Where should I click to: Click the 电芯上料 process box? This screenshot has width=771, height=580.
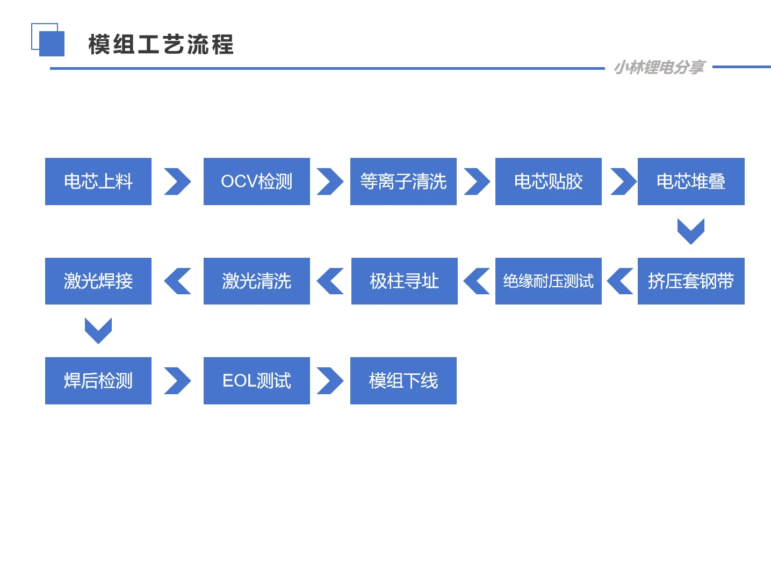pyautogui.click(x=98, y=182)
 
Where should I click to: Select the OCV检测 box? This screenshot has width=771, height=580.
pyautogui.click(x=257, y=182)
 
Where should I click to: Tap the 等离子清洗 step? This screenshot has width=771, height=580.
pyautogui.click(x=403, y=182)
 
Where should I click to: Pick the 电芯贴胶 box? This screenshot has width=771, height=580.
pyautogui.click(x=549, y=182)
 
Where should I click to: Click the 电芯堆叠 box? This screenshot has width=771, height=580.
pyautogui.click(x=691, y=182)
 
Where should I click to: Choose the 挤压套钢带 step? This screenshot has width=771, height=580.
pyautogui.click(x=691, y=281)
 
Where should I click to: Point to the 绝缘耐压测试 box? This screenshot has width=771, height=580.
pyautogui.click(x=549, y=281)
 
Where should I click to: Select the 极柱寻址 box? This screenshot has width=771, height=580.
pyautogui.click(x=405, y=281)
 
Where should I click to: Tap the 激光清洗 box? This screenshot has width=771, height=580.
pyautogui.click(x=257, y=281)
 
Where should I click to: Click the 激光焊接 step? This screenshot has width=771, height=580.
pyautogui.click(x=98, y=281)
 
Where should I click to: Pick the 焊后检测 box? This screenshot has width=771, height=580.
pyautogui.click(x=98, y=381)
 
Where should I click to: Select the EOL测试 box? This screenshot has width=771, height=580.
pyautogui.click(x=257, y=381)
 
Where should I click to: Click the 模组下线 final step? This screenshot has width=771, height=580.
pyautogui.click(x=403, y=381)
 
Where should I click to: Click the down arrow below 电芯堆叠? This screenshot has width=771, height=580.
pyautogui.click(x=691, y=231)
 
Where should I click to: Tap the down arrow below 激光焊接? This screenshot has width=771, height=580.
pyautogui.click(x=98, y=330)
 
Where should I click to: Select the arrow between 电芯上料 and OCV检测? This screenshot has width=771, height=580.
pyautogui.click(x=177, y=182)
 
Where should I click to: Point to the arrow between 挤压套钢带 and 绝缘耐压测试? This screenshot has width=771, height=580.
pyautogui.click(x=620, y=281)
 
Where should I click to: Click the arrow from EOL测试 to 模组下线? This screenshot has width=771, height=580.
pyautogui.click(x=330, y=381)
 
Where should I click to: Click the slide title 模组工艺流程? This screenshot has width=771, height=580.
pyautogui.click(x=161, y=45)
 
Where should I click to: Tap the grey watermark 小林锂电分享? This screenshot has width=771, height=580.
pyautogui.click(x=659, y=67)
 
